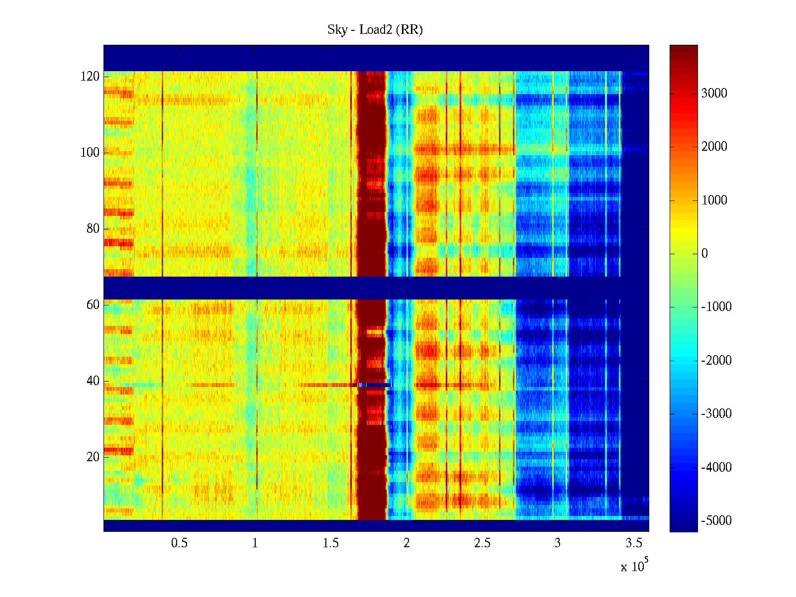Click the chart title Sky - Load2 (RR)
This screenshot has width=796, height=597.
coord(375,30)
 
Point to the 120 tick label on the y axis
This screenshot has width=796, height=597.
coord(90,77)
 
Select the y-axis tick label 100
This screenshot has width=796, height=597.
coord(90,153)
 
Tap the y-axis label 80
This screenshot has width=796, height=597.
coord(93,229)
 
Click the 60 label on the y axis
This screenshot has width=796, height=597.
coord(93,305)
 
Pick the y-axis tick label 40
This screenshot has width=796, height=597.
coord(93,381)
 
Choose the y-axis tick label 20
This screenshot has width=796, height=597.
coord(93,457)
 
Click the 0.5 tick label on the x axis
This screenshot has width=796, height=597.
coord(180,543)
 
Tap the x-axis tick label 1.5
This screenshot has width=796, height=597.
coord(331,543)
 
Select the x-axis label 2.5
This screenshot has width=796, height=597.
coord(482,543)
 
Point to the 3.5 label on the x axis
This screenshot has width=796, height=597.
coord(633,543)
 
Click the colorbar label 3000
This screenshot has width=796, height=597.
coord(714,94)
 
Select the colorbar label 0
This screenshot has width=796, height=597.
coord(704,254)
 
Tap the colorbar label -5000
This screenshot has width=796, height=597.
coord(716,521)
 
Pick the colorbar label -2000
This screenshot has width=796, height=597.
coord(716,361)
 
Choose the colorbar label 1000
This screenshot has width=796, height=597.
coord(714,200)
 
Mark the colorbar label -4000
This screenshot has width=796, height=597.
coord(716,468)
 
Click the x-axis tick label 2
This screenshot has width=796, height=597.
coord(406,543)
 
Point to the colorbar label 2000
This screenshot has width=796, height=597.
coord(714,147)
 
